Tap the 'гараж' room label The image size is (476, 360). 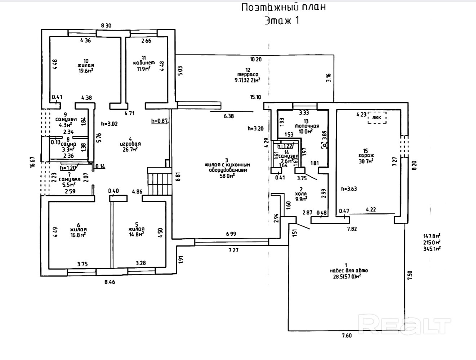point(365,156)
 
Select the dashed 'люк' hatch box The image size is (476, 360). point(377,117)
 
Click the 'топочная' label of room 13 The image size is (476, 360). point(307,126)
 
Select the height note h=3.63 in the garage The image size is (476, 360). point(349,189)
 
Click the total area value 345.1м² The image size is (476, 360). point(432,248)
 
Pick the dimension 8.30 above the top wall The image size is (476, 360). point(106,25)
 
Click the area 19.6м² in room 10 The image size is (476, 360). point(86,71)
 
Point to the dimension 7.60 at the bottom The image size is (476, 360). point(346,335)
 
